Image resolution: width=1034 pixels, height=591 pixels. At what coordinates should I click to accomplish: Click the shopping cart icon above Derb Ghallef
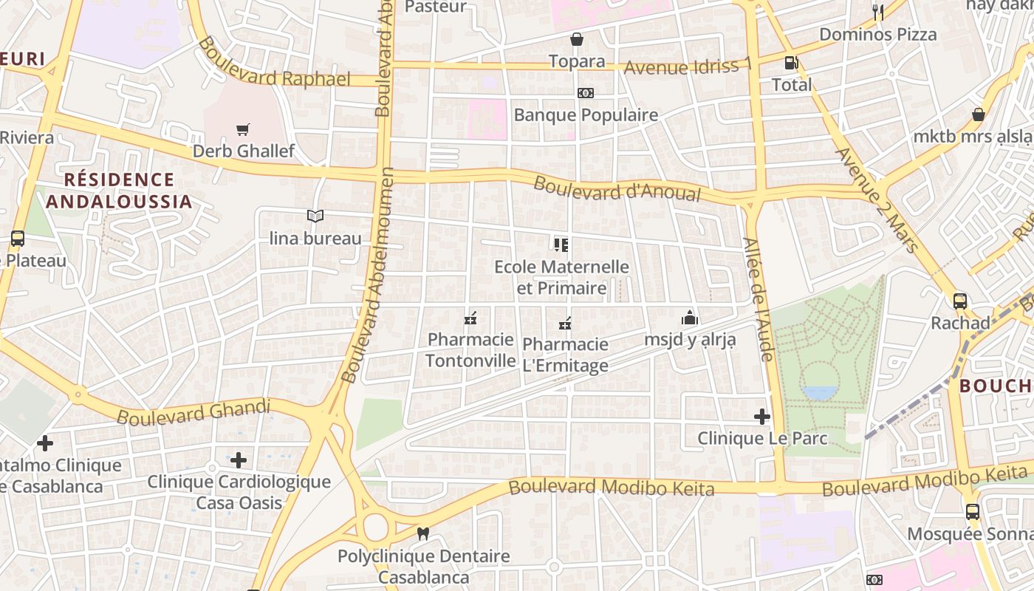point(243,130)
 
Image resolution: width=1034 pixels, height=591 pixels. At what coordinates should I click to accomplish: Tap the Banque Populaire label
point(586,115)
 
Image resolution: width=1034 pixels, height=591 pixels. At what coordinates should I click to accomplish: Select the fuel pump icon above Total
point(791,64)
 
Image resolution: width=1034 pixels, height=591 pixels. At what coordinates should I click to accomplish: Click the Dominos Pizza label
point(878,34)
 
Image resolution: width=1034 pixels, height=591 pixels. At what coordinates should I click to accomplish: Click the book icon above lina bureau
point(315,216)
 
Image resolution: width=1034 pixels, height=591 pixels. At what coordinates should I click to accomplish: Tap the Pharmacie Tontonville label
point(470,350)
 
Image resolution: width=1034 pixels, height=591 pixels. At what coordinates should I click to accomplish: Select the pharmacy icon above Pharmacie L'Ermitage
point(566,323)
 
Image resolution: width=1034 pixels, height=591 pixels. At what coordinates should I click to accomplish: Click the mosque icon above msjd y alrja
point(690,318)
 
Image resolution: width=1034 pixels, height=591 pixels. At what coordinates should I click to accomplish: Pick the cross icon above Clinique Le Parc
point(762,417)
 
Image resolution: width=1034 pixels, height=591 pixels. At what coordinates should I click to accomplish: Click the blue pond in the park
point(820,392)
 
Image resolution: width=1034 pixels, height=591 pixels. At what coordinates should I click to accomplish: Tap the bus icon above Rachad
point(960,301)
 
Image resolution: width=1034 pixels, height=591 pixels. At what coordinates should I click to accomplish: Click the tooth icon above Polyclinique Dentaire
point(423,533)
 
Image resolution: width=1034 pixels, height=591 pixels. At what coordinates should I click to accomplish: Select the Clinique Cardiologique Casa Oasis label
point(239,492)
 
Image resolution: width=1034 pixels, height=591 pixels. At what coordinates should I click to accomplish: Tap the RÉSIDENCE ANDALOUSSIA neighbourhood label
point(120,191)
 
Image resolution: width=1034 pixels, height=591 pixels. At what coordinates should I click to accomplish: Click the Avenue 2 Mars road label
point(877,200)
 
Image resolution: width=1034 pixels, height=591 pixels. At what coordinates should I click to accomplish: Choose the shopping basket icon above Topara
point(577,39)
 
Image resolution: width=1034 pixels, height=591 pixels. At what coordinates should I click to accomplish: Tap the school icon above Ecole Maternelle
point(561,245)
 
